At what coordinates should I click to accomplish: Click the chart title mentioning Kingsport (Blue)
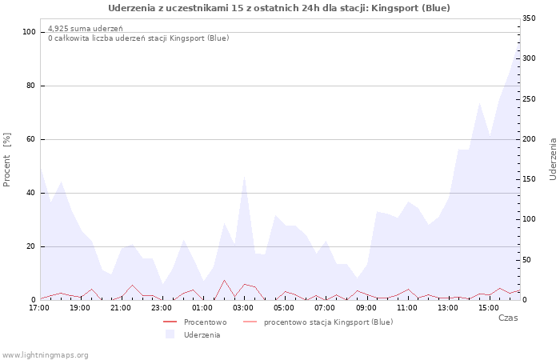coord(279,8)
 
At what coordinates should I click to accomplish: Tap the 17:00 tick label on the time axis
coord(40,307)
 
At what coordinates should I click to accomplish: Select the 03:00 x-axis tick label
coord(244,307)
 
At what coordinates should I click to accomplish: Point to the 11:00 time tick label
coord(407,307)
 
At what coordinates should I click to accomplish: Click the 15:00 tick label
coord(489,307)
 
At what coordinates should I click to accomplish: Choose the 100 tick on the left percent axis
coord(30,32)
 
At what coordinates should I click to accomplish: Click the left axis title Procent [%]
coord(7,159)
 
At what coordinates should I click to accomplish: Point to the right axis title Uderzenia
coord(553,158)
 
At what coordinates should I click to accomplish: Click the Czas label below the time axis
coord(508,318)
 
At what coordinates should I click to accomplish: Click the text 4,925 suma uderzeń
coord(86,29)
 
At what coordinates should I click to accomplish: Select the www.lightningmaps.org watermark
coord(46,354)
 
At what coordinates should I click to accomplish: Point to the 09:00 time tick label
coord(366,307)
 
